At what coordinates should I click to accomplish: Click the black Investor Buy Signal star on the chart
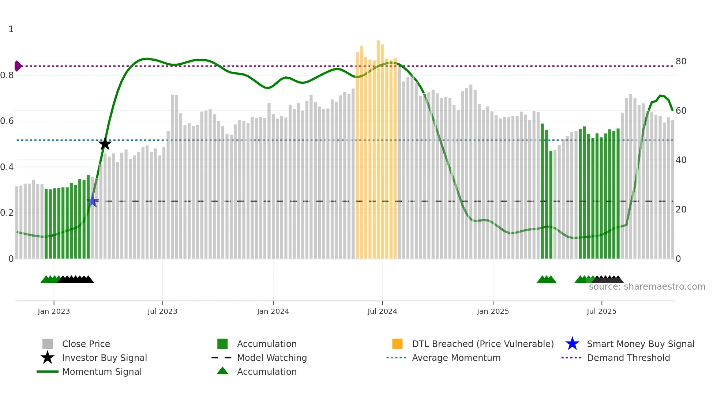105,144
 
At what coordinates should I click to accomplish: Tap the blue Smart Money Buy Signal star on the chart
93,201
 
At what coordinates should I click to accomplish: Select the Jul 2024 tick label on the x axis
382,311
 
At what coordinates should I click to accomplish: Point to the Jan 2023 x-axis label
54,311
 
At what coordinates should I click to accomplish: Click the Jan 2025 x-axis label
493,311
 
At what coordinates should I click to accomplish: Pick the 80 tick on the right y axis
681,61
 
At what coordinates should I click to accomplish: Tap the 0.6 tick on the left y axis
7,121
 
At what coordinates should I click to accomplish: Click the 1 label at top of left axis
11,29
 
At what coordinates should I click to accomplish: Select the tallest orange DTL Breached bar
378,146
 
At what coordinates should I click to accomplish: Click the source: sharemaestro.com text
647,287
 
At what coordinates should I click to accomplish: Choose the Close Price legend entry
86,344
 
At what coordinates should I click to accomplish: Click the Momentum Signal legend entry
102,372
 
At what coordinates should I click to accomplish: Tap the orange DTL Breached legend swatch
397,344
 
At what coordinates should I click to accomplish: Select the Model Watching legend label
272,358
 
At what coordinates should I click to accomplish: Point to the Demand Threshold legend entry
628,358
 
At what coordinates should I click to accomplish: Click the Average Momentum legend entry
456,358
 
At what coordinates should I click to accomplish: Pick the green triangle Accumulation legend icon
222,371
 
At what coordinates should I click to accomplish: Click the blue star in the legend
572,344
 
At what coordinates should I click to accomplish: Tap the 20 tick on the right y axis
681,210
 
